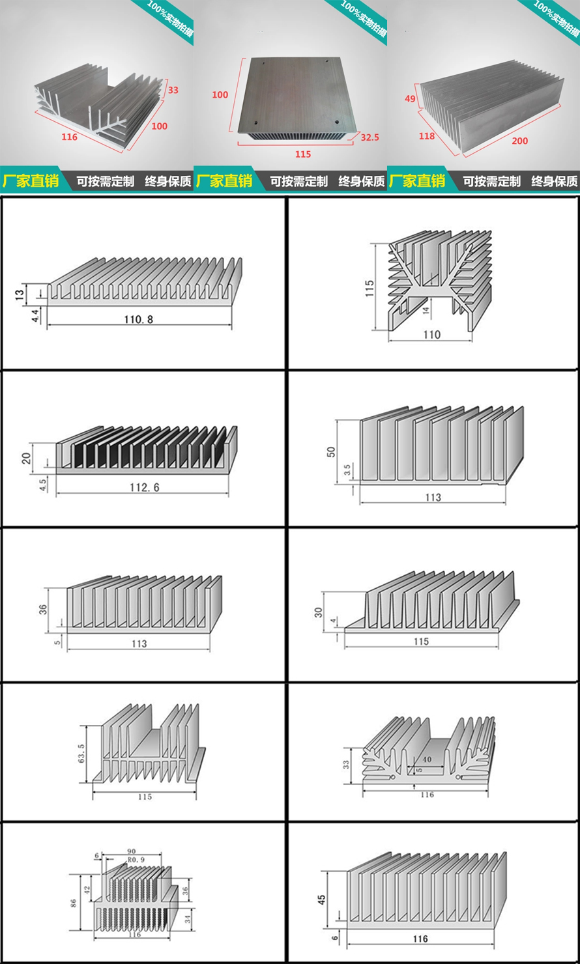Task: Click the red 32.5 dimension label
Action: click(x=370, y=138)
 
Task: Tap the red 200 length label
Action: click(x=520, y=141)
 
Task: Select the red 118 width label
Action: click(x=426, y=136)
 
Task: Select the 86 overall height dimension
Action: click(x=74, y=902)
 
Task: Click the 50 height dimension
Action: click(x=330, y=452)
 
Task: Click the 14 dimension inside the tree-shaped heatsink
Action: click(x=426, y=311)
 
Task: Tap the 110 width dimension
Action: click(x=431, y=335)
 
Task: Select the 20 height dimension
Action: click(x=26, y=457)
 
